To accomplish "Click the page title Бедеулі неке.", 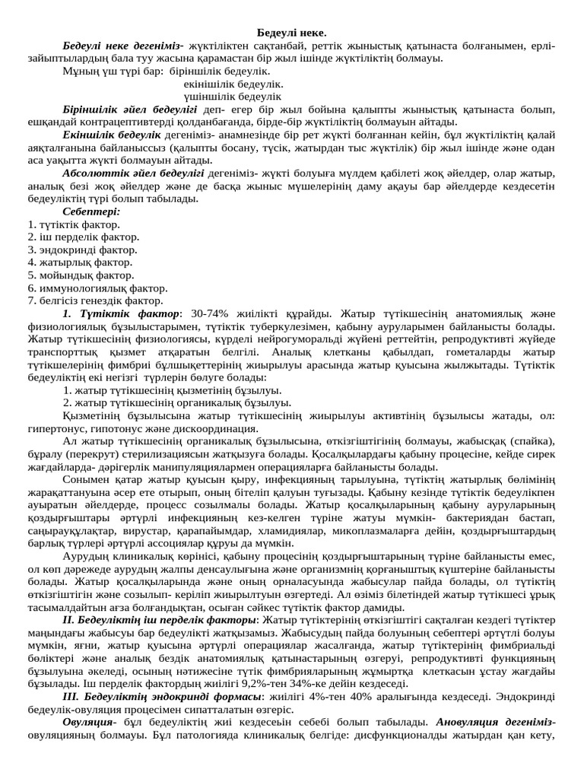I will pos(291,33).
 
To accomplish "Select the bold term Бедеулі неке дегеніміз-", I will pos(123,46).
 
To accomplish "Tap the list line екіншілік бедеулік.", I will pos(233,84).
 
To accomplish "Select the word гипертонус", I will pos(59,428).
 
